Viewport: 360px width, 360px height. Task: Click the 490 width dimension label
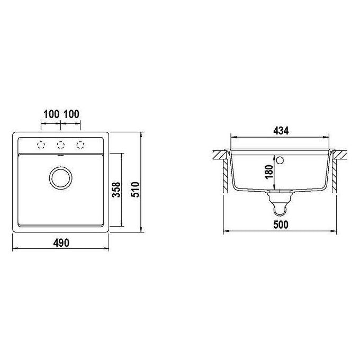[61, 242]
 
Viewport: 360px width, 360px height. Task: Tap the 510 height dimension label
[136, 190]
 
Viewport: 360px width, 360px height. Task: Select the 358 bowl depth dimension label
[116, 190]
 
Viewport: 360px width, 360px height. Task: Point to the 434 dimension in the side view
[281, 131]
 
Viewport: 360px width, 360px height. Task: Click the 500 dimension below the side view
[281, 224]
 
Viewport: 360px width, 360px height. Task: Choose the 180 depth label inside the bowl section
[269, 172]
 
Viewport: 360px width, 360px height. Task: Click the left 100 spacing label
[51, 114]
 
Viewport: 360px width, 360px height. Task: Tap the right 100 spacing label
[71, 114]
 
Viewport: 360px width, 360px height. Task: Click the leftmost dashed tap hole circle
[41, 145]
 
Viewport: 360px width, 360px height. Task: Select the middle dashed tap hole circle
[60, 145]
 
